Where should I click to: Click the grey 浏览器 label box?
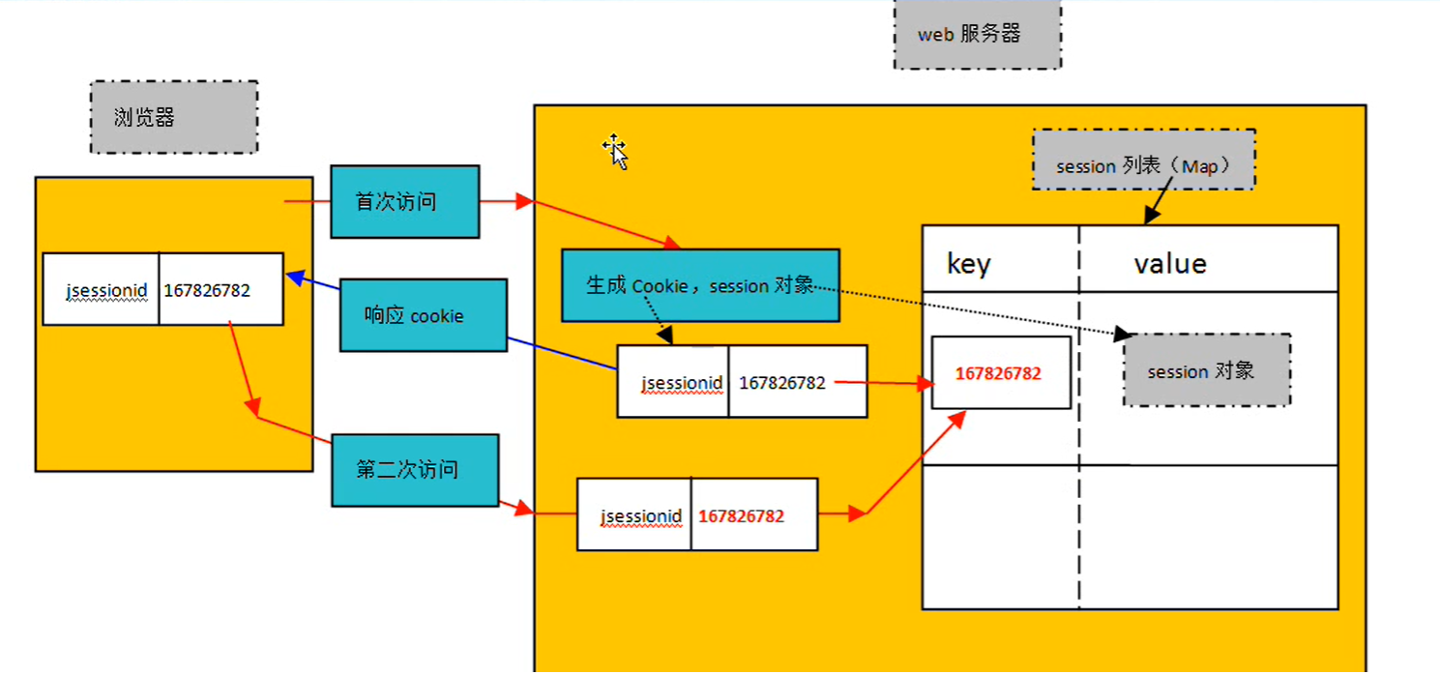click(174, 117)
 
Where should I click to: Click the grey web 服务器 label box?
click(977, 35)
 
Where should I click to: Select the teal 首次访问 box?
click(404, 202)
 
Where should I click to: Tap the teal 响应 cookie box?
click(423, 315)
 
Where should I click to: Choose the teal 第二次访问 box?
click(415, 470)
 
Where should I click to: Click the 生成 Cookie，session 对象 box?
click(699, 285)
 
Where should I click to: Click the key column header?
click(968, 263)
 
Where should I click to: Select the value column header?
click(1169, 263)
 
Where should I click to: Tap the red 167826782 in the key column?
click(998, 373)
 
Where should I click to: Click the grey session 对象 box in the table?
click(1206, 370)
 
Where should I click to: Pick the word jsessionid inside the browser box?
click(106, 290)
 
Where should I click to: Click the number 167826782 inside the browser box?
click(207, 290)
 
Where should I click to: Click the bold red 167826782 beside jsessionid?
click(741, 516)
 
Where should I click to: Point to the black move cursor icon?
click(615, 151)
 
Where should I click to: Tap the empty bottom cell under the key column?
click(1000, 537)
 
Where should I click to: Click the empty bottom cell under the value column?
click(1208, 537)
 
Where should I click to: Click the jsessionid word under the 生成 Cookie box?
click(682, 383)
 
